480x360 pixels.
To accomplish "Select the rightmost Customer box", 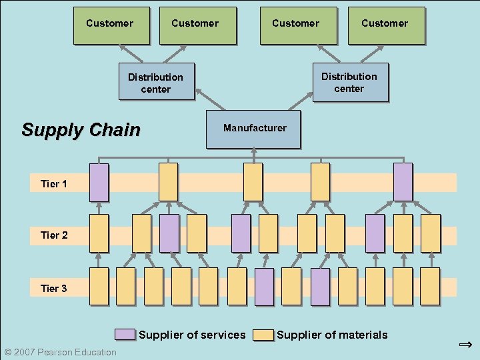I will coord(386,25).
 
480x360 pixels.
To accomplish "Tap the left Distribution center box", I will coord(156,83).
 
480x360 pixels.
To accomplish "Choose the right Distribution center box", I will coord(350,83).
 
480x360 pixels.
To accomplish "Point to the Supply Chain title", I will coord(81,129).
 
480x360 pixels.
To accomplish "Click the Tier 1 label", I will coord(54,184).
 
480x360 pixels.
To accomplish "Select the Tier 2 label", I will coord(54,235).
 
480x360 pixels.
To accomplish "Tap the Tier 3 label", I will coord(54,289).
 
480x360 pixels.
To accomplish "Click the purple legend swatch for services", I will coord(125,335).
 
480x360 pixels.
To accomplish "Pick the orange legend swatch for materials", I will coord(264,335).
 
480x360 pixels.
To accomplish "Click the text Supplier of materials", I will coord(332,335).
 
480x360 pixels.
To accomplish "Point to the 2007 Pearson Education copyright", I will coord(60,352).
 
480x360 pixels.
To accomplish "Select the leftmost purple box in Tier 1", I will coord(99,182).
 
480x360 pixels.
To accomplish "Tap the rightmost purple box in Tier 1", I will coord(403,182).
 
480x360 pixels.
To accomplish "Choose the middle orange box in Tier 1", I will coord(253,182).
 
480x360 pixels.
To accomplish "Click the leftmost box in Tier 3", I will coord(99,286).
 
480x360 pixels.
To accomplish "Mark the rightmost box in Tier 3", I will coord(430,286).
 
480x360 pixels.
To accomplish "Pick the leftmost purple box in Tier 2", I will coord(169,233).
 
